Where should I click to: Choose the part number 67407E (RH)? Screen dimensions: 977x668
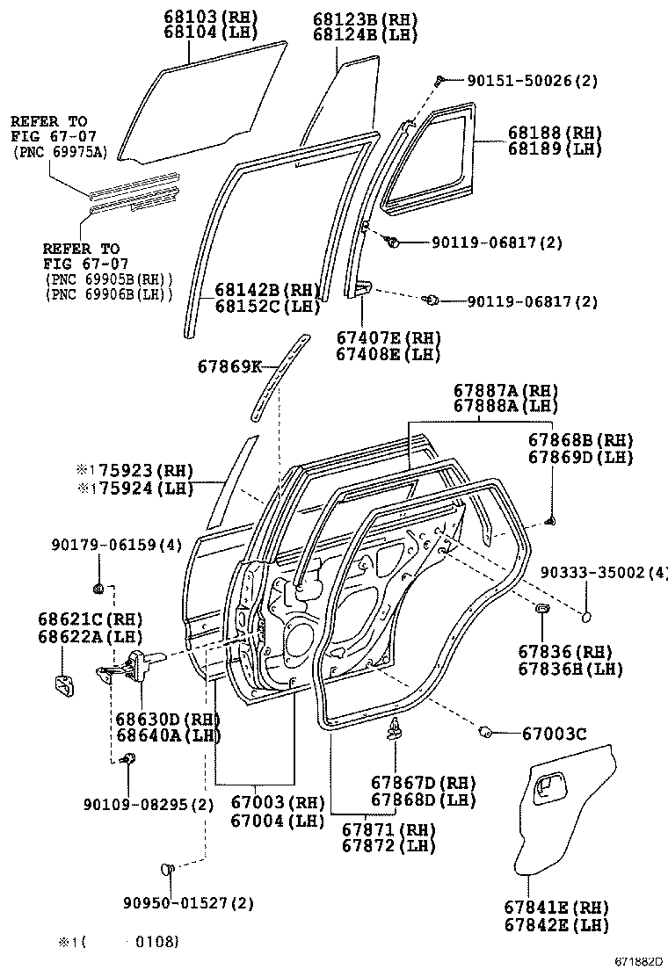tap(388, 338)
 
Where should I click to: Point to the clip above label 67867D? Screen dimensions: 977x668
tap(395, 728)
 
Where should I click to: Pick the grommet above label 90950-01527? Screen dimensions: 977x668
tap(168, 869)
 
